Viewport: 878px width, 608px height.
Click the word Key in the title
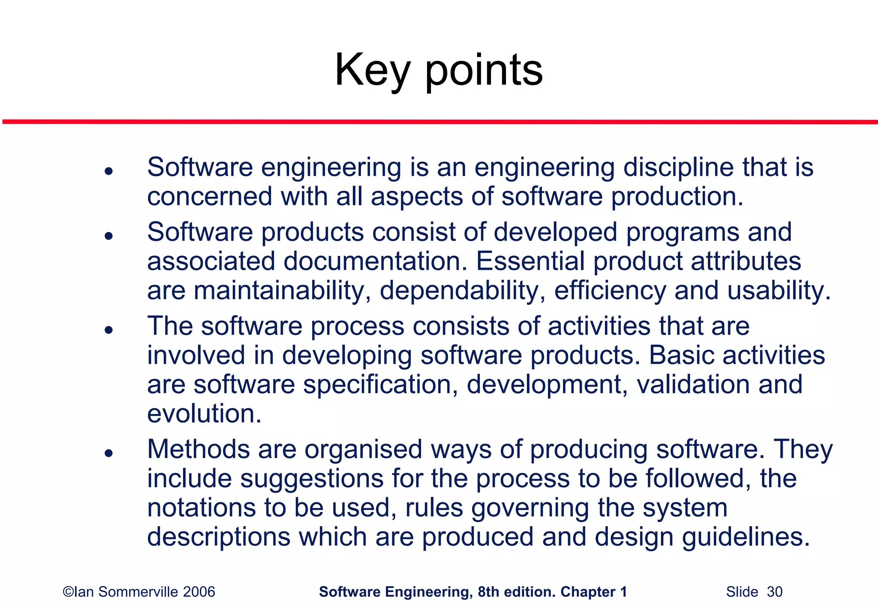[x=372, y=71]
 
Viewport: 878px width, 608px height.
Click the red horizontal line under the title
[x=439, y=122]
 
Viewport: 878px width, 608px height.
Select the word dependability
[x=463, y=291]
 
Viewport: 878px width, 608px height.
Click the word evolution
[x=204, y=414]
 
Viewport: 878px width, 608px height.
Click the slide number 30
[x=774, y=592]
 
